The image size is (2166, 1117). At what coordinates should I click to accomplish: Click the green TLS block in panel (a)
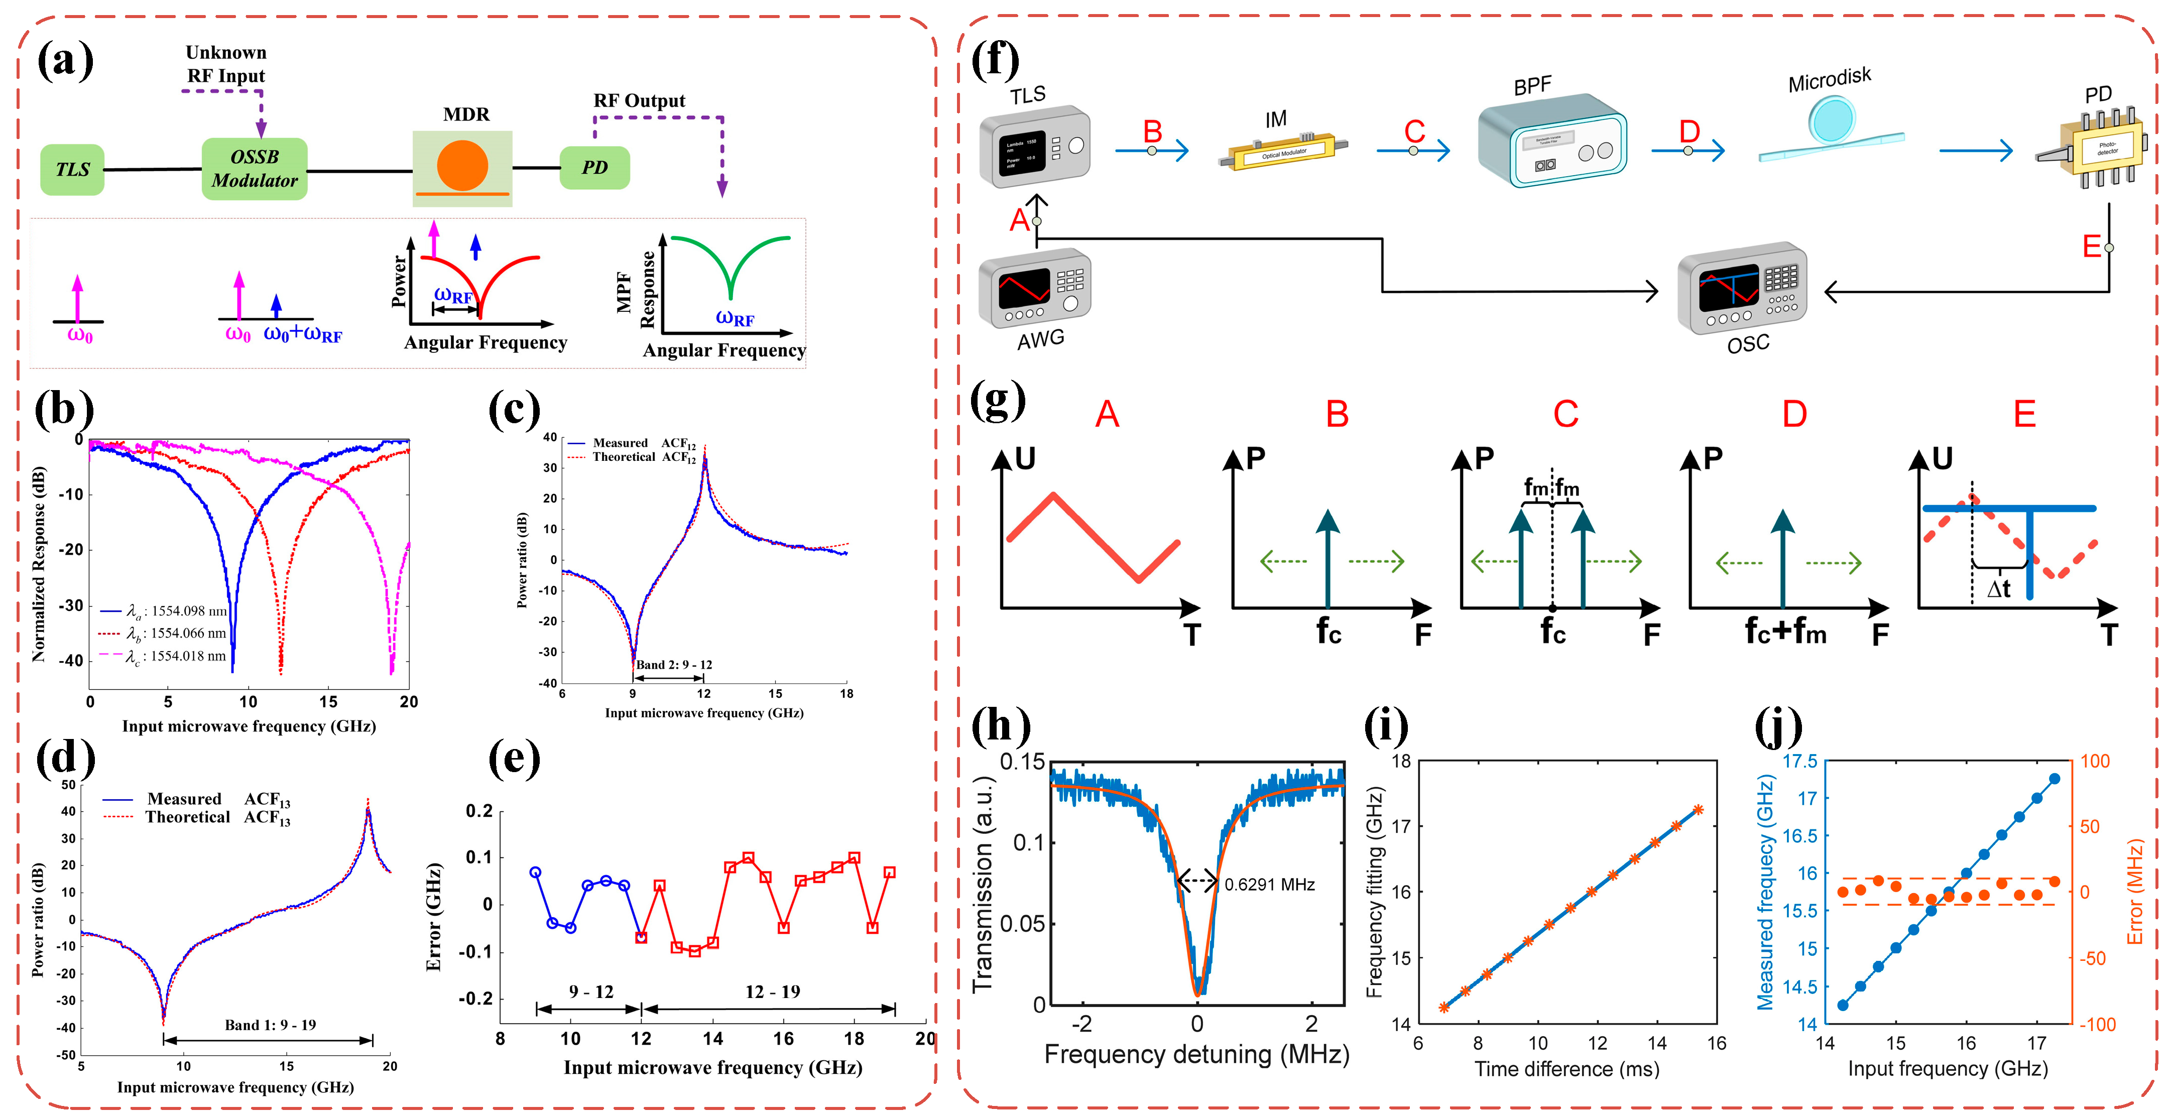tap(72, 170)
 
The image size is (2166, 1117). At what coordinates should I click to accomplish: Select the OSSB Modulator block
tap(254, 169)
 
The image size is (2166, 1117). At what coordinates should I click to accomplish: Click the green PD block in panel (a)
tap(594, 167)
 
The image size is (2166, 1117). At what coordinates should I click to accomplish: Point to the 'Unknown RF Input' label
tap(225, 64)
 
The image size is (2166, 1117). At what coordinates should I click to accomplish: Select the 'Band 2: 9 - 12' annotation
tap(673, 664)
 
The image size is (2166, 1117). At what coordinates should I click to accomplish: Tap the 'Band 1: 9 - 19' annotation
tap(270, 1025)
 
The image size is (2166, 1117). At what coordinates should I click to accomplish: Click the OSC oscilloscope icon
tap(1741, 290)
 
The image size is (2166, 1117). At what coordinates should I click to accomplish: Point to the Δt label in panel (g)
tap(1999, 588)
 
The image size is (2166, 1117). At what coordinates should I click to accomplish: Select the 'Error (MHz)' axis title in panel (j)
tap(2136, 891)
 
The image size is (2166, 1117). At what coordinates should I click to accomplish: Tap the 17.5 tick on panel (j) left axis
tap(1800, 762)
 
